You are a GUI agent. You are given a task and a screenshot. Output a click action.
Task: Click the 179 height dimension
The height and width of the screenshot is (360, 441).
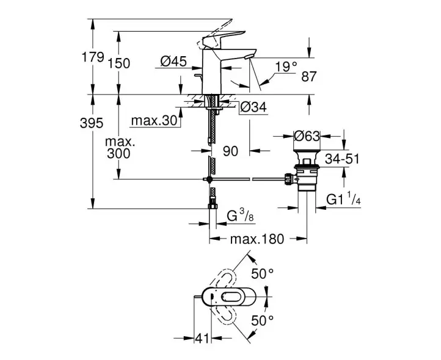point(92,57)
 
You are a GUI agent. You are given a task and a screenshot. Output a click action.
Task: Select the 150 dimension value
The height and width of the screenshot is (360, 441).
point(118,63)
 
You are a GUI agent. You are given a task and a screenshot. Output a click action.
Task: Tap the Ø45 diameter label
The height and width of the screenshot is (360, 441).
point(173,61)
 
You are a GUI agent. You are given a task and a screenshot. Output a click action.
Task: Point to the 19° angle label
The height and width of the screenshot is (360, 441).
point(286,67)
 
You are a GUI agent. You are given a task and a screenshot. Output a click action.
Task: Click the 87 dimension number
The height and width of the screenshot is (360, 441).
point(309,76)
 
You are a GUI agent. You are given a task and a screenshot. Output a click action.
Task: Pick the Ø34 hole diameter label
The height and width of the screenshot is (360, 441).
point(253,107)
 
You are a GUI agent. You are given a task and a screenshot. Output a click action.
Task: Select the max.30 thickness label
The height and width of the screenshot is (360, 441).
point(154,121)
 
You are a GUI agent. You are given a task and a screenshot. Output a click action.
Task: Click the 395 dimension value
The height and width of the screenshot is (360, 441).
point(92,123)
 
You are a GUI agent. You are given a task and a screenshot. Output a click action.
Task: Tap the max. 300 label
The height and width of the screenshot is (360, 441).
point(119,148)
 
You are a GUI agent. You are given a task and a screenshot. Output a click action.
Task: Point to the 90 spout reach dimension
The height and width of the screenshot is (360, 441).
point(230,151)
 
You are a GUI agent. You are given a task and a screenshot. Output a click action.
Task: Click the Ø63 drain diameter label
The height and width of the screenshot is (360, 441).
point(307,136)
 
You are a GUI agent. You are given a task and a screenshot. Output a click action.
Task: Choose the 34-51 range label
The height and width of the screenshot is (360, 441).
point(342,159)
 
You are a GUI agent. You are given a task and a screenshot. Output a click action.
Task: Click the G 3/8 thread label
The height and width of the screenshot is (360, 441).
point(241,217)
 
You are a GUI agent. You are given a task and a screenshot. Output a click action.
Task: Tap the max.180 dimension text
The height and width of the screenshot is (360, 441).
point(257,239)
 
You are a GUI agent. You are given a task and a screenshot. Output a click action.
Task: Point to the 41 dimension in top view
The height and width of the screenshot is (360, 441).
point(202,339)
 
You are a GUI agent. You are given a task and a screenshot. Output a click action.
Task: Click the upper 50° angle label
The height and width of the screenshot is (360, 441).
point(263,273)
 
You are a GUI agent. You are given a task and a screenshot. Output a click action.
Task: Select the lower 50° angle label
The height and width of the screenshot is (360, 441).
point(263,320)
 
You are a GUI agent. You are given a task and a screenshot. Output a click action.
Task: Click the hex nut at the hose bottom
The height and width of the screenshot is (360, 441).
point(213,206)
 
